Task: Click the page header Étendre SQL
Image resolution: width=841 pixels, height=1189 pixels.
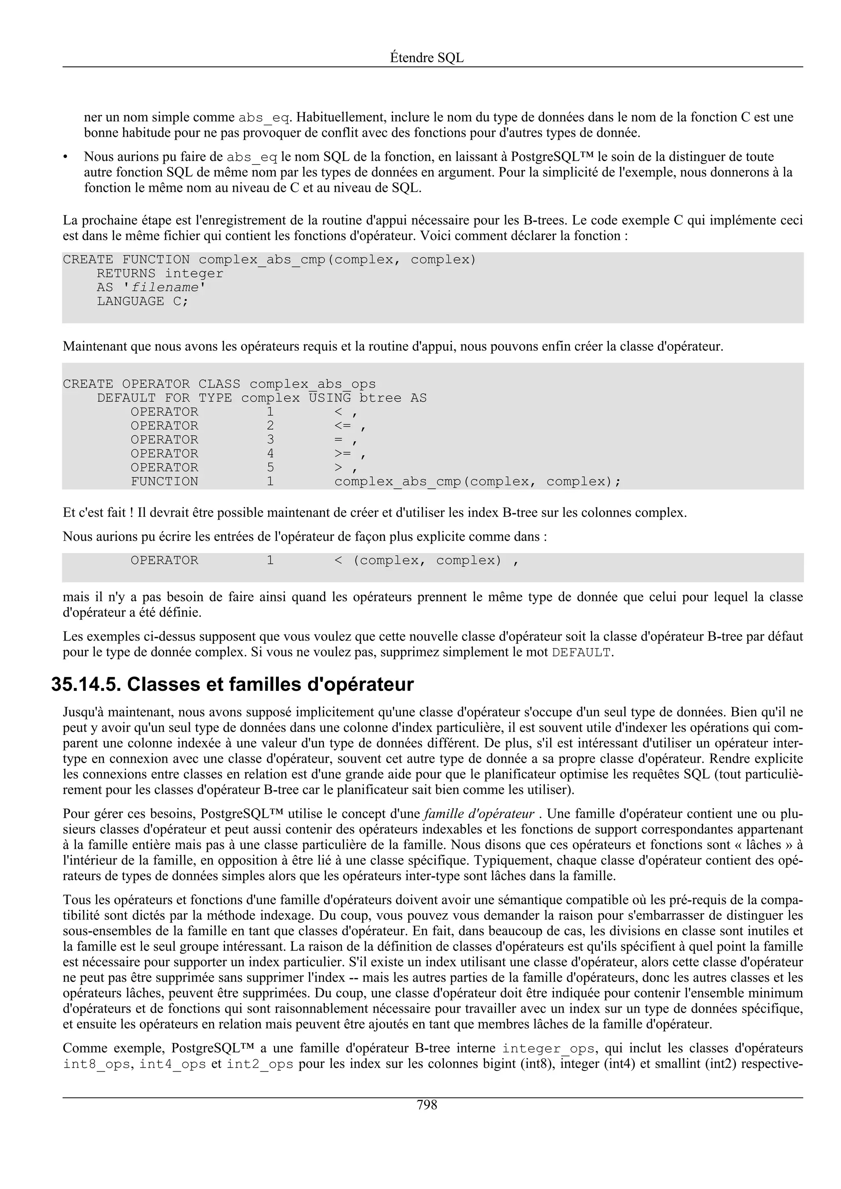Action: click(427, 57)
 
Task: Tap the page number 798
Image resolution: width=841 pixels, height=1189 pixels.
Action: click(427, 1105)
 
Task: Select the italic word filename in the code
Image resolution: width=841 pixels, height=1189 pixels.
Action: click(164, 288)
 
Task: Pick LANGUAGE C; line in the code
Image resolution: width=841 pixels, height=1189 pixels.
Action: click(142, 302)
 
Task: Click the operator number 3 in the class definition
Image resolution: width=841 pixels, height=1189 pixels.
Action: click(270, 440)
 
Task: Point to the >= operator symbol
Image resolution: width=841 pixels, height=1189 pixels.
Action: click(342, 454)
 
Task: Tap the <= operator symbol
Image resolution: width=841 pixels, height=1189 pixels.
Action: click(342, 426)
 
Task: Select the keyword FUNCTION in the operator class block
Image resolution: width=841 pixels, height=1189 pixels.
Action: click(164, 482)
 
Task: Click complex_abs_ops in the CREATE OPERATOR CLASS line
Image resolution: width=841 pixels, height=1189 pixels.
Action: click(313, 384)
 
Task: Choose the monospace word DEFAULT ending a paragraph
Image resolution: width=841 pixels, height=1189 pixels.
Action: click(581, 652)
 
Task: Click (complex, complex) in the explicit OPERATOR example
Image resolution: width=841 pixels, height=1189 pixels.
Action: click(427, 561)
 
